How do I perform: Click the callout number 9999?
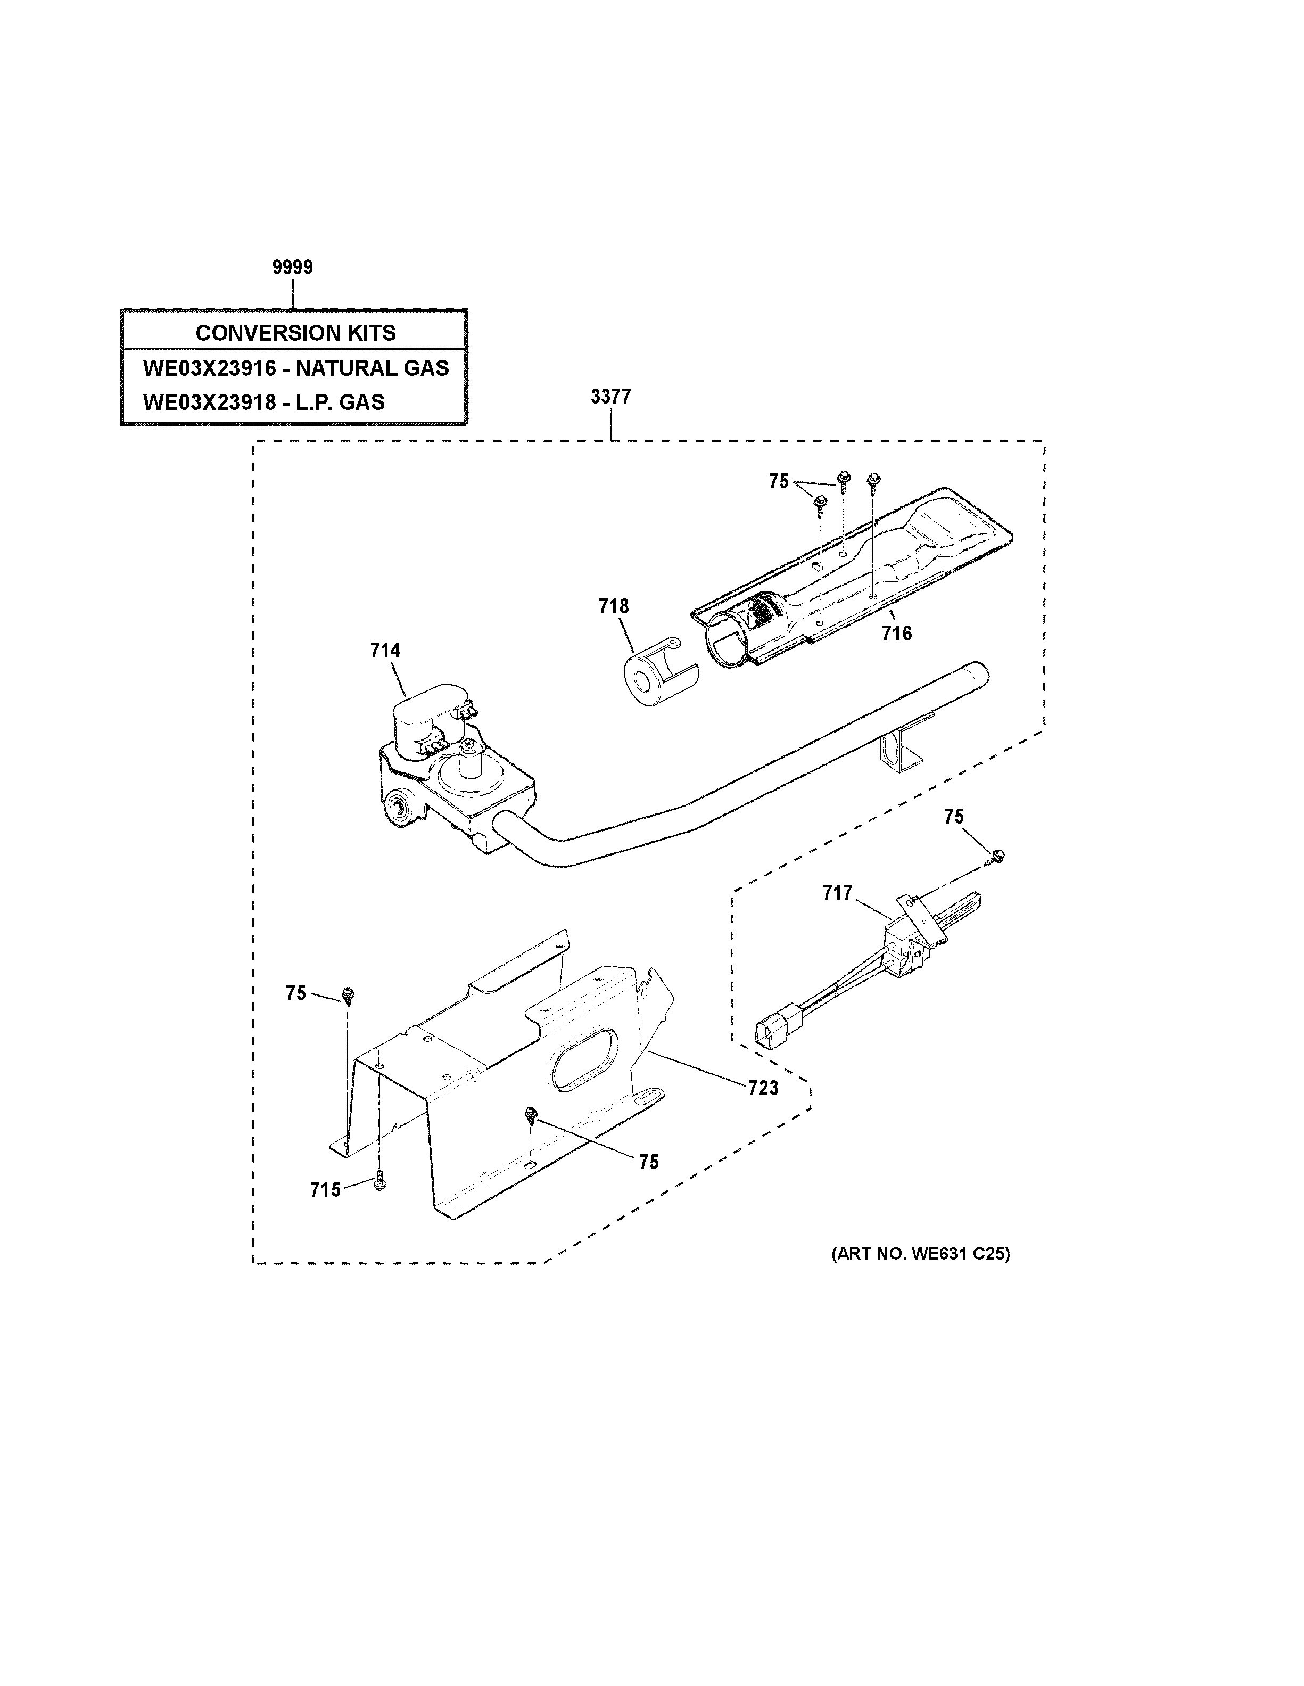click(x=292, y=267)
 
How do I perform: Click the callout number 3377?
click(x=610, y=397)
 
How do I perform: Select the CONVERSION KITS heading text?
click(x=295, y=333)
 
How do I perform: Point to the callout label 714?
click(x=385, y=651)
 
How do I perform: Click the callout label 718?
click(x=614, y=607)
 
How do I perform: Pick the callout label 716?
click(x=897, y=634)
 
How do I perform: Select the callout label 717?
click(x=837, y=893)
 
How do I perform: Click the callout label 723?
click(x=762, y=1089)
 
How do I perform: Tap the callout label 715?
click(x=325, y=1190)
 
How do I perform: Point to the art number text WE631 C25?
click(x=960, y=1254)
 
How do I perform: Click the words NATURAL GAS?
click(x=372, y=368)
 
